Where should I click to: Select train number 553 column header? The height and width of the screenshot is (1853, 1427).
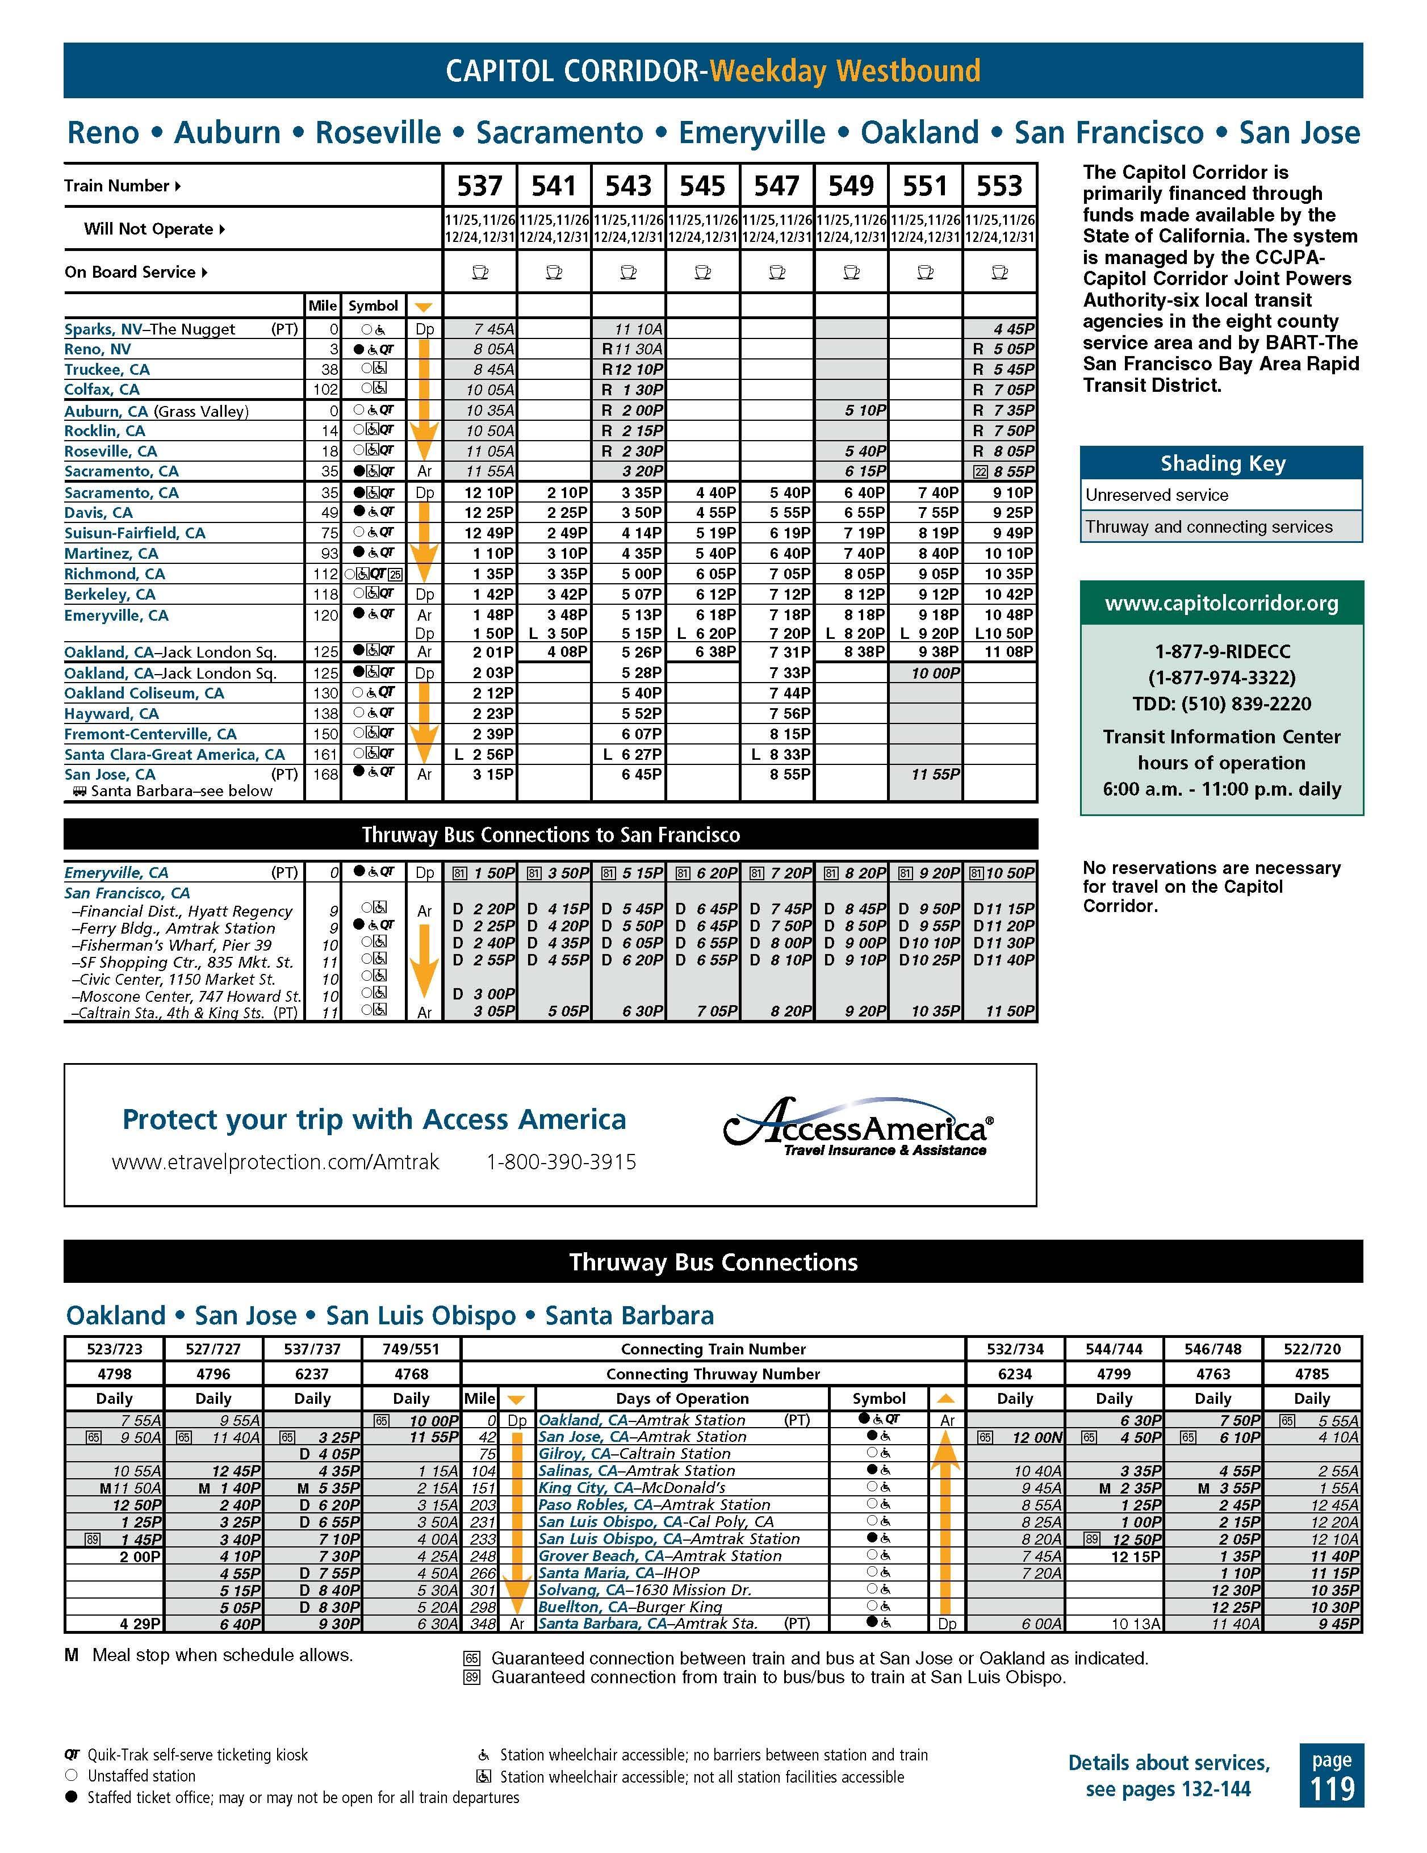[x=999, y=186]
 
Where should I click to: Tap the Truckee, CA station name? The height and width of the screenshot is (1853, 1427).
[x=107, y=370]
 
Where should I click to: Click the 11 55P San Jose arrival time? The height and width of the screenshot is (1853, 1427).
[x=935, y=775]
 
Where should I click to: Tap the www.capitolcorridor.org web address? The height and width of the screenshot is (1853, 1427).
[x=1221, y=604]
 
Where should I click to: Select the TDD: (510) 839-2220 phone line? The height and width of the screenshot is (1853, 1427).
[x=1221, y=704]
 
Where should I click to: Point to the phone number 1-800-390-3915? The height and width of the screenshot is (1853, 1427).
[x=561, y=1162]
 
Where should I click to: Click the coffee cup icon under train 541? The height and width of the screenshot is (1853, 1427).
[x=554, y=273]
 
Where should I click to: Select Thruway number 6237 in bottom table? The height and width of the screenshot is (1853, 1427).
[x=312, y=1374]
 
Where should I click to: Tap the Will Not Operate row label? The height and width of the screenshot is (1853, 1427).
[x=148, y=229]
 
